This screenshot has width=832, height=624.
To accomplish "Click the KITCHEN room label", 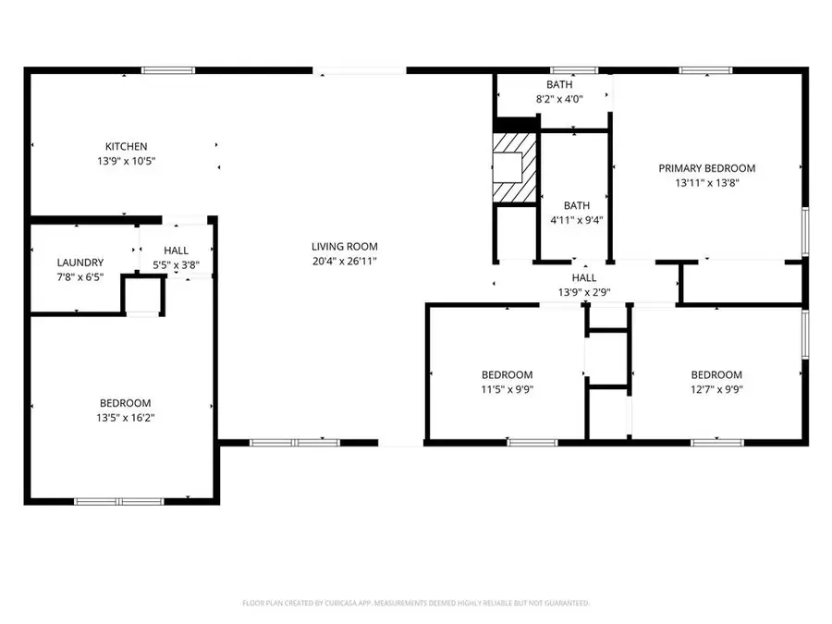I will [126, 146].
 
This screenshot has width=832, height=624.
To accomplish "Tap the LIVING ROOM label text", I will [344, 246].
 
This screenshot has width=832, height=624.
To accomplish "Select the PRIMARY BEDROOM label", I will [706, 168].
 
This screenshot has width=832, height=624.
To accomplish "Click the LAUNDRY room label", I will [80, 263].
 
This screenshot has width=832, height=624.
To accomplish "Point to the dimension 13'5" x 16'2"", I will [126, 418].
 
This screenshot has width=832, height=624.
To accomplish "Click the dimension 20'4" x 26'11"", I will [344, 261].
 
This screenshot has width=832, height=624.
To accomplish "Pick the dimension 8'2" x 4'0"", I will [559, 99].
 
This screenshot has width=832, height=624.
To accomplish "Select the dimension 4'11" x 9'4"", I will [577, 220].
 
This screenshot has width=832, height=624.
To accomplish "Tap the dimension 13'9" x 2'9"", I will [583, 292].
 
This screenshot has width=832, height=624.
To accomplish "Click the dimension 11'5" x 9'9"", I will [507, 389].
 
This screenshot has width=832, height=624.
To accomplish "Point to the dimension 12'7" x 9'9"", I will [716, 389].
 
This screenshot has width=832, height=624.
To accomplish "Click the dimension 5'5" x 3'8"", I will [176, 265].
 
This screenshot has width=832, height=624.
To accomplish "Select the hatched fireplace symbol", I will [513, 166].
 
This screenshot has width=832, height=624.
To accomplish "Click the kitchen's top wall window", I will [167, 69].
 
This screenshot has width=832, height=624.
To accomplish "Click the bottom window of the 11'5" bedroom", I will [532, 443].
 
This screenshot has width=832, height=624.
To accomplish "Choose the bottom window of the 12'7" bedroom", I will [717, 443].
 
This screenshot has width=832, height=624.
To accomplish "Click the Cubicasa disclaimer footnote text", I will [416, 603].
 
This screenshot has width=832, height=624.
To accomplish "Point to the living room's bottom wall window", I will [288, 443].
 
